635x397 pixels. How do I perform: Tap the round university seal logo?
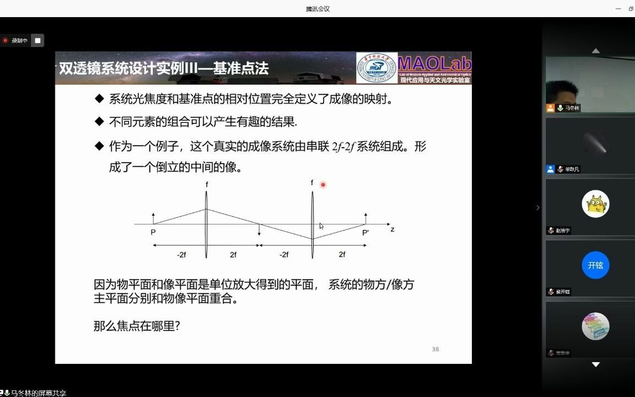click(x=377, y=67)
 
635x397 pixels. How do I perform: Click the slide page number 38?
click(x=435, y=349)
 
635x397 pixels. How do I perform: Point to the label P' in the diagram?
click(x=365, y=233)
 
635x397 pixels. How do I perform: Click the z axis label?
click(x=392, y=229)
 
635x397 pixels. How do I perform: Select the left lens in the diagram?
click(x=207, y=224)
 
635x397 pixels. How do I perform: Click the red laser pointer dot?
click(x=322, y=185)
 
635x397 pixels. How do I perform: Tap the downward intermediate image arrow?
click(x=259, y=230)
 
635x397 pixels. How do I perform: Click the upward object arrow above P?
click(x=153, y=218)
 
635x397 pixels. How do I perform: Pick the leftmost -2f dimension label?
click(x=182, y=254)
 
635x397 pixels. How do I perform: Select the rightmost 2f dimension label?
click(x=342, y=254)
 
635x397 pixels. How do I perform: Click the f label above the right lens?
click(x=312, y=183)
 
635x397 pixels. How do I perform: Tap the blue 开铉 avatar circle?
click(x=595, y=265)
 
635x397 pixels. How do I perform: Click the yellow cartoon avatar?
click(x=595, y=204)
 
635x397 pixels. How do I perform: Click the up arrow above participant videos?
click(x=595, y=51)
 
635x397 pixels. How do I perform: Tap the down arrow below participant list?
click(x=595, y=364)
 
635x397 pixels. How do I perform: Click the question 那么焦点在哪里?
click(x=137, y=326)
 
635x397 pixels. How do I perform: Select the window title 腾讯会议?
click(x=317, y=9)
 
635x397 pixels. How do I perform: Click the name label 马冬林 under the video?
click(x=572, y=108)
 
